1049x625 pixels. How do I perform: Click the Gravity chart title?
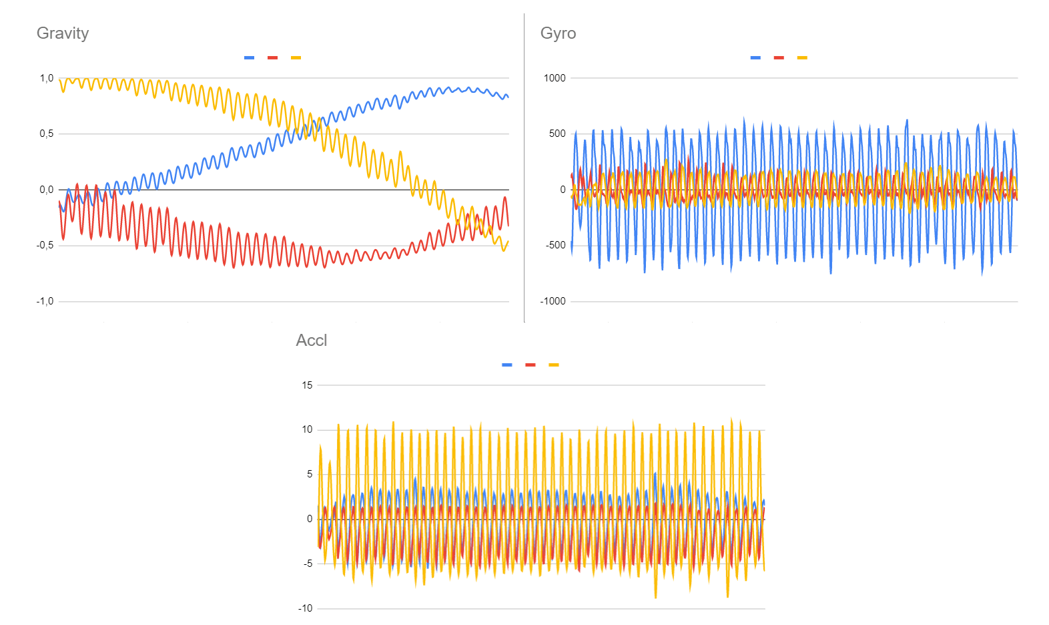[x=63, y=33]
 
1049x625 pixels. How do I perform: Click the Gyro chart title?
[x=558, y=33]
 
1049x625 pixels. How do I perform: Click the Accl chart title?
[x=312, y=341]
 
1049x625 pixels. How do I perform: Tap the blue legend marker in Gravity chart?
[x=249, y=58]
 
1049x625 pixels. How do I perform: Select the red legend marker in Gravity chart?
[x=272, y=58]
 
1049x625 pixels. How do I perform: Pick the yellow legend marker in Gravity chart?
[x=296, y=58]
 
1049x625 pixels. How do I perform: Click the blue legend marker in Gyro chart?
[x=755, y=58]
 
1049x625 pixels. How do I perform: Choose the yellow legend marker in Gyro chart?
[x=802, y=58]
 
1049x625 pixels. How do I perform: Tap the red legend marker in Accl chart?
[x=531, y=365]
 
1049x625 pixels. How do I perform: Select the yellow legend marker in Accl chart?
[x=554, y=365]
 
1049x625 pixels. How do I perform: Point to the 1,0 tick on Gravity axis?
[x=46, y=78]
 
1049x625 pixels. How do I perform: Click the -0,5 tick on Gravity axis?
[x=45, y=246]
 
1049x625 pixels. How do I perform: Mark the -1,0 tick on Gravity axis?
[x=45, y=301]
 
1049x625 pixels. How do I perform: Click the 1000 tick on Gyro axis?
[x=555, y=78]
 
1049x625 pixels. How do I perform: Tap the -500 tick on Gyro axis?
[x=555, y=246]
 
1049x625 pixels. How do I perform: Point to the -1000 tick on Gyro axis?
[x=553, y=301]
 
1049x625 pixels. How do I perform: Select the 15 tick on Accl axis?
[x=307, y=385]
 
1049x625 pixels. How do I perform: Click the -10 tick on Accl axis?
[x=305, y=608]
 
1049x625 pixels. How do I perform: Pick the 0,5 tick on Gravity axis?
[x=46, y=134]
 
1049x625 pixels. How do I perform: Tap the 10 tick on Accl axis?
[x=307, y=429]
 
